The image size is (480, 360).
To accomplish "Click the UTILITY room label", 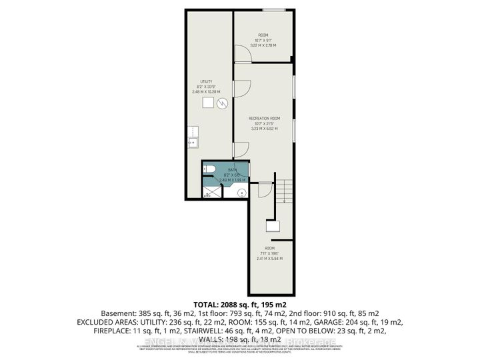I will (206, 81).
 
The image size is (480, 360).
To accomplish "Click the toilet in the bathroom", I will (208, 169).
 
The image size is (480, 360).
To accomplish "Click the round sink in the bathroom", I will (242, 193).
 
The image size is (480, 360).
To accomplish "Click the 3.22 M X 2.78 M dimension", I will (263, 45).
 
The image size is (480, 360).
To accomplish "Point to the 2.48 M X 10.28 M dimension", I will (206, 92).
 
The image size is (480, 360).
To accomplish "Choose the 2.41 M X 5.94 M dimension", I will (269, 259).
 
